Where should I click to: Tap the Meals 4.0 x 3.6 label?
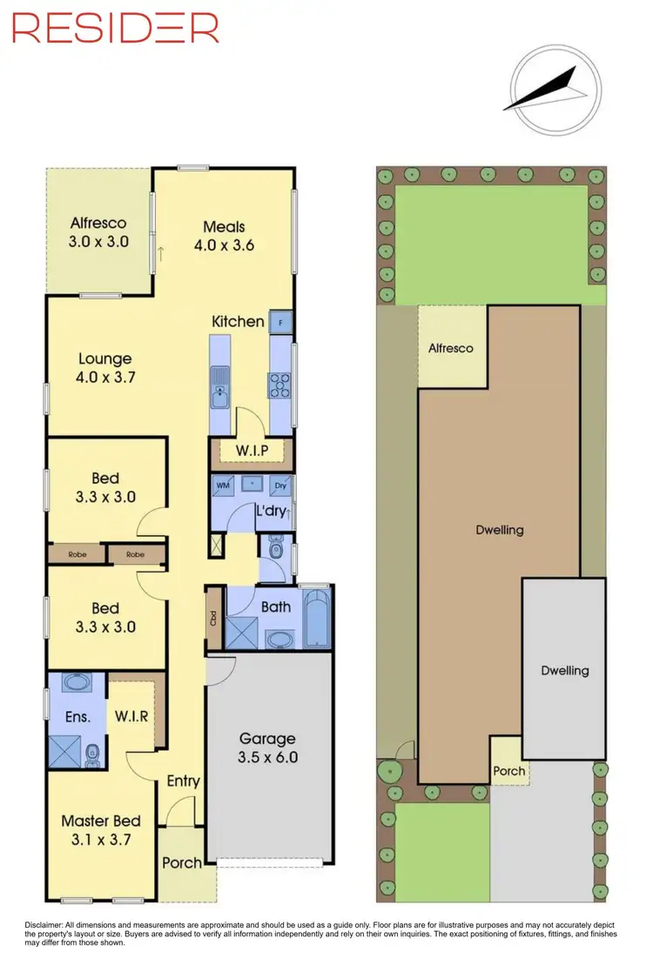(224, 236)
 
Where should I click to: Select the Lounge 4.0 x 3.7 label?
(104, 368)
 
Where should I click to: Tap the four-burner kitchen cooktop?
(281, 384)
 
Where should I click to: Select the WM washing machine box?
(222, 485)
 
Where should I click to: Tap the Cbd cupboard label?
(213, 619)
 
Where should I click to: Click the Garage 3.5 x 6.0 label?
(268, 748)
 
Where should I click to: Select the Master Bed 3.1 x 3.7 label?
(101, 830)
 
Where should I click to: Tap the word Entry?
(183, 781)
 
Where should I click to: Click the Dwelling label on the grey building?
(564, 670)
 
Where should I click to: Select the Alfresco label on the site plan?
(450, 348)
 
